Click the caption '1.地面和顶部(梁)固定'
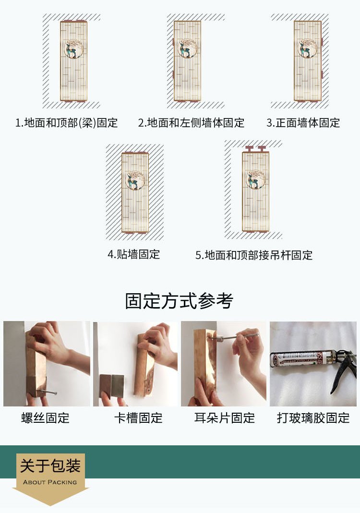coord(66,123)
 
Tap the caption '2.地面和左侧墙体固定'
coord(191,123)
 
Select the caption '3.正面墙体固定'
coord(303,123)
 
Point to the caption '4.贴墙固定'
coord(134,254)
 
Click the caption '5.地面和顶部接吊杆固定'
coord(254,255)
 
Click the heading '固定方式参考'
coord(179,301)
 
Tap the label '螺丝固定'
coord(46,418)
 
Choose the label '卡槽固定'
coord(138,418)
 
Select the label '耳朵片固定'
coord(225,418)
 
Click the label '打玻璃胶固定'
coord(313,418)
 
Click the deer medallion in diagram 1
coord(73,49)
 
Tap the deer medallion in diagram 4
coord(135,180)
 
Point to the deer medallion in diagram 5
coord(255,179)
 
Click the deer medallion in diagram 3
coord(308,48)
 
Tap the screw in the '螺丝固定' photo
coord(47,392)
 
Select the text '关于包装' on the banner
coord(50,466)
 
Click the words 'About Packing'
coord(50,482)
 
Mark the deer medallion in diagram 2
coord(188,48)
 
